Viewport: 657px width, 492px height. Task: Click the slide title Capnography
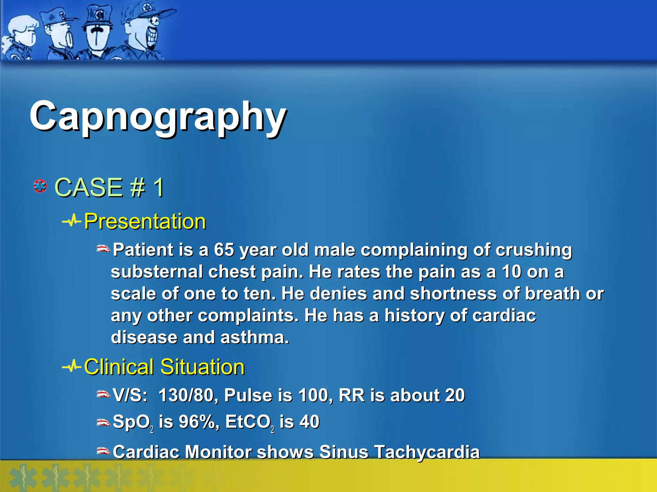pos(158,117)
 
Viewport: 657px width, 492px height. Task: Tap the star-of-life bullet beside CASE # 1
pos(40,186)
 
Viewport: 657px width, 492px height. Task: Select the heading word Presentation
pos(145,221)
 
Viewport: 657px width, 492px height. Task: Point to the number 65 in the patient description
pos(224,250)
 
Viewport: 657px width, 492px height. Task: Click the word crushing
pos(533,250)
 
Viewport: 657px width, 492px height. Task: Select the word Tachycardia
pos(427,452)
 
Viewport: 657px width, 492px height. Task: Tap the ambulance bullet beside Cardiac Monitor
pos(103,451)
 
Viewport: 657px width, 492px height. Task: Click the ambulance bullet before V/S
pos(103,394)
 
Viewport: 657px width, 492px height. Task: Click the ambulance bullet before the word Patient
pos(103,249)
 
